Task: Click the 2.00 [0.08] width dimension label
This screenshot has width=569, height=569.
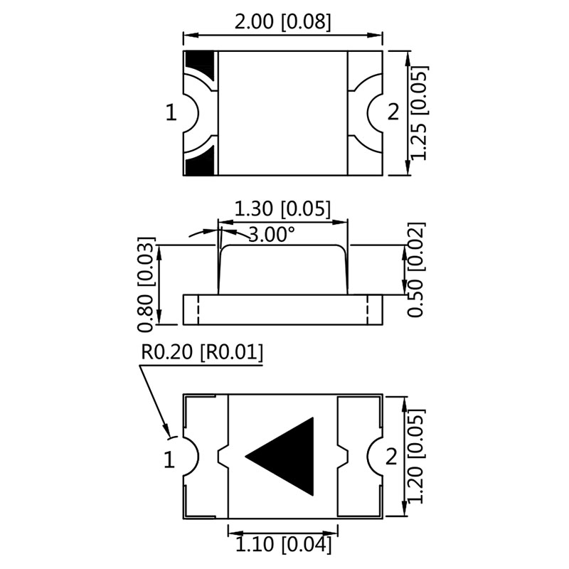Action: coord(283,22)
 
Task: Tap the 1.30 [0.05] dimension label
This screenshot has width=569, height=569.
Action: coord(282,209)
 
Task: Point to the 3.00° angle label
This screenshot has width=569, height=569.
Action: coord(272,234)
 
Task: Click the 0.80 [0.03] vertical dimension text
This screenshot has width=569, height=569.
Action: coord(146,283)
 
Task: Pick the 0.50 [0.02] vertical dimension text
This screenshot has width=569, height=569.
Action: coord(418,270)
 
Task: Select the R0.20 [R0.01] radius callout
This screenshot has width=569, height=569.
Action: coord(202,352)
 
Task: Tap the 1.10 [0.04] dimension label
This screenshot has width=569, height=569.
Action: coord(282,545)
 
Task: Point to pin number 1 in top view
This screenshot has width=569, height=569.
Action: coord(170,112)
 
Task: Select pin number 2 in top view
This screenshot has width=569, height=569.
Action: coord(393,112)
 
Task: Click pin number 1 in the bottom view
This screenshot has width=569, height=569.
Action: coord(169,459)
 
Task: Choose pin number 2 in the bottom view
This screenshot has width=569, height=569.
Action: coord(390,458)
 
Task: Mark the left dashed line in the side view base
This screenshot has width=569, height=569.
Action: coord(198,309)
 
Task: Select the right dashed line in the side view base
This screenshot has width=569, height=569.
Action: coord(368,309)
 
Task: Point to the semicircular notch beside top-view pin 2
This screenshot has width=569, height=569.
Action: coord(369,112)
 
